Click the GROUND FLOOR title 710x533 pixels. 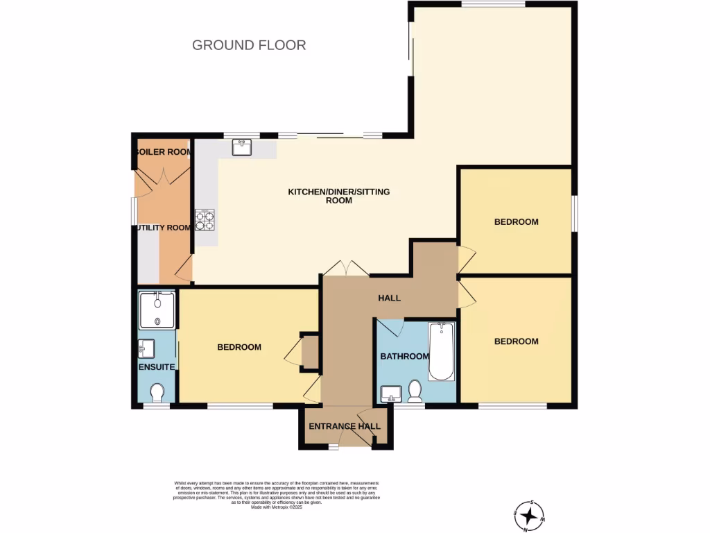(249, 45)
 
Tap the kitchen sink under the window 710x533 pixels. (242, 147)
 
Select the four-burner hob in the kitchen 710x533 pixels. (205, 220)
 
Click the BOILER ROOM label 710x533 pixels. (162, 152)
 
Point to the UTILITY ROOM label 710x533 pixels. (162, 228)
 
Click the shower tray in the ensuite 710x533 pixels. (157, 310)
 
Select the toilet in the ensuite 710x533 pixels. (157, 393)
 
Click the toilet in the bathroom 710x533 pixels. (415, 392)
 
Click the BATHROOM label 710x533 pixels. (405, 357)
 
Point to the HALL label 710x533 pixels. (389, 298)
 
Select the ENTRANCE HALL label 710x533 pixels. (345, 426)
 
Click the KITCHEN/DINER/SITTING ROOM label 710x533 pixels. (339, 196)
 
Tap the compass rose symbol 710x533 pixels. (531, 515)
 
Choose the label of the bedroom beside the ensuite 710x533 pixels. (239, 347)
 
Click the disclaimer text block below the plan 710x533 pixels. (277, 495)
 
